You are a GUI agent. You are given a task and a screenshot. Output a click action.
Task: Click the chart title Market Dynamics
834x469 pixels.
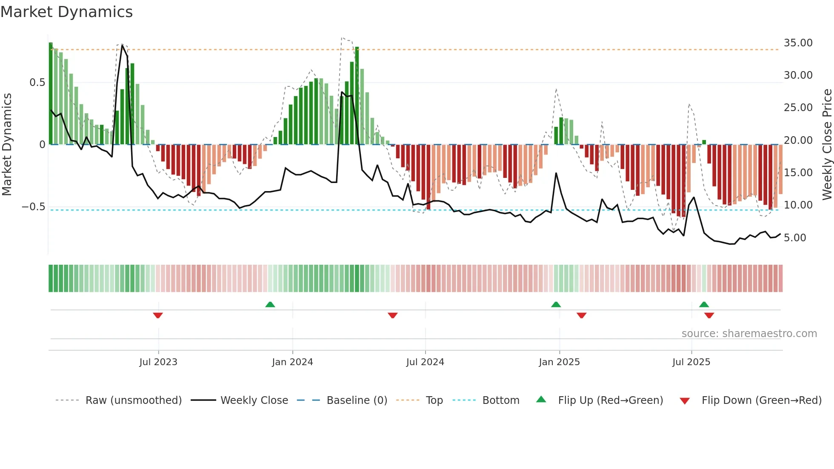coord(67,12)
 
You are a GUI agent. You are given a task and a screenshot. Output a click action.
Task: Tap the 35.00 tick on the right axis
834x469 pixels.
coord(798,43)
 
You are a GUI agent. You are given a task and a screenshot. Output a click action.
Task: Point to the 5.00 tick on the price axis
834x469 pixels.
coord(795,238)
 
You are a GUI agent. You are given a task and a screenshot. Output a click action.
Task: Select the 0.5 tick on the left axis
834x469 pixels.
coord(37,83)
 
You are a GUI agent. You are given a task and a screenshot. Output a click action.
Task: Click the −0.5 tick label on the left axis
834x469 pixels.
coord(34,207)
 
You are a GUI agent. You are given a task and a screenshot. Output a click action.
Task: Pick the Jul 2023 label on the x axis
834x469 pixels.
coord(158,362)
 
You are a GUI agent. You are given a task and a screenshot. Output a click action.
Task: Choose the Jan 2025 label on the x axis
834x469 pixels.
coord(559,362)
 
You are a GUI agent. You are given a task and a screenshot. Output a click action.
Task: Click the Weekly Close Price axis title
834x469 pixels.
coord(827,145)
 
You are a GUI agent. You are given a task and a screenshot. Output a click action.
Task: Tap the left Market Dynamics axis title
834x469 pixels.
coord(7,145)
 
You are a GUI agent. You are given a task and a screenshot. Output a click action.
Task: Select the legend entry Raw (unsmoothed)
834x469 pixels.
coord(133,400)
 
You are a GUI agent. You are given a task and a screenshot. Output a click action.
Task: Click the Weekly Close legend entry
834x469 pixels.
coord(254,400)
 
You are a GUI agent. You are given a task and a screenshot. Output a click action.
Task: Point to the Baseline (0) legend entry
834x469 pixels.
coord(357,400)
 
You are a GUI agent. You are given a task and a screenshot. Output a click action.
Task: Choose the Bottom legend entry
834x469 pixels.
coord(500,400)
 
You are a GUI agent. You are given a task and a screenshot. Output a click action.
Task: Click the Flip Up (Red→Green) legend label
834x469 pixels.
coord(610,400)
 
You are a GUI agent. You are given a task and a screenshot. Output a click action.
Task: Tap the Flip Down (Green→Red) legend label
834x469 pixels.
coord(761,400)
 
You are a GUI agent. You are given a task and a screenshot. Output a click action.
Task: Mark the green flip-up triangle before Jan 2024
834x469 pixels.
coord(270,305)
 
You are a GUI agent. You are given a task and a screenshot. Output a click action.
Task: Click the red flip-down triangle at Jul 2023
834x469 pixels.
coord(158,315)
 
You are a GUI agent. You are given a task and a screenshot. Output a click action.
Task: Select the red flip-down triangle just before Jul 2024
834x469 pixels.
coord(393,315)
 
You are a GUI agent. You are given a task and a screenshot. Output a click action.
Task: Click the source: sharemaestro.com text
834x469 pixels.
coord(749,334)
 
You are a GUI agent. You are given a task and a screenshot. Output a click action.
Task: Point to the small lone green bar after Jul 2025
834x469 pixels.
coord(704,142)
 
